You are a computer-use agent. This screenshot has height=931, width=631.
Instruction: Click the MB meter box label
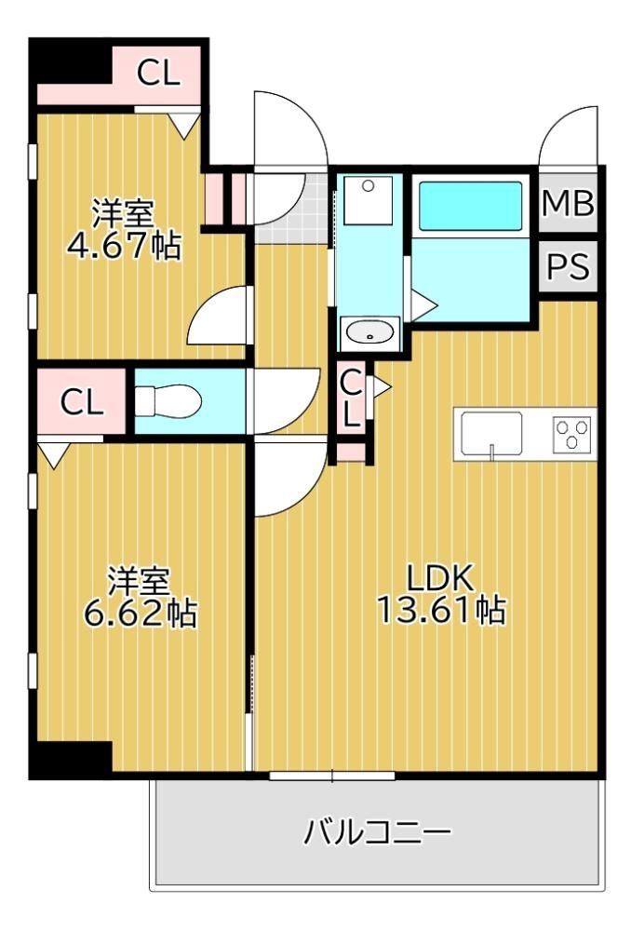568,204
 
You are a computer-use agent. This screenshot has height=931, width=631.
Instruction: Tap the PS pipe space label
568,266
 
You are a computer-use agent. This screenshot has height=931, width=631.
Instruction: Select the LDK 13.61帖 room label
441,594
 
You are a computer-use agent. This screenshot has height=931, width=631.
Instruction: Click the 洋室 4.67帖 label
124,230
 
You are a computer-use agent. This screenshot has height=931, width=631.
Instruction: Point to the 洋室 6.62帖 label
140,598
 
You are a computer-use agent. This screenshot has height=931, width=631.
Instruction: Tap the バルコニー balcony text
378,832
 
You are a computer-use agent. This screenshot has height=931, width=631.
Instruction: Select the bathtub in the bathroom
470,206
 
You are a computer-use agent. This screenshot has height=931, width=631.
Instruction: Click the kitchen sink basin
491,434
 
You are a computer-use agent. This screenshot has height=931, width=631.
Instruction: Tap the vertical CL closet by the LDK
352,399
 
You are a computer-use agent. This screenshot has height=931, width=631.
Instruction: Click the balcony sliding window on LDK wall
332,775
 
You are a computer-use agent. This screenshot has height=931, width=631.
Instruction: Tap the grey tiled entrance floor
292,209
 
